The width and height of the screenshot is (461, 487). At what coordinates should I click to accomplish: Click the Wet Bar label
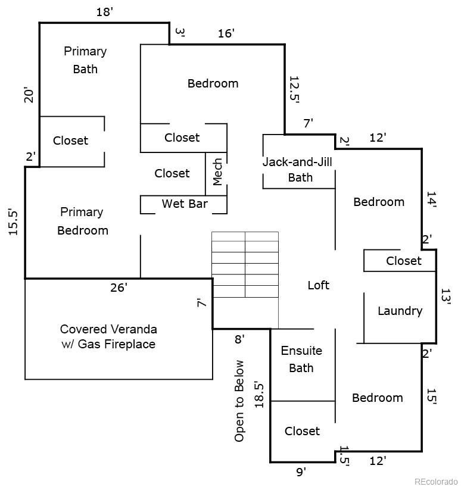pyautogui.click(x=185, y=204)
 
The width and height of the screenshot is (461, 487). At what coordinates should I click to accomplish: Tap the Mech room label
pyautogui.click(x=217, y=172)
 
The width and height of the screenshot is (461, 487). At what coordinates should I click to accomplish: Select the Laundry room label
pyautogui.click(x=400, y=311)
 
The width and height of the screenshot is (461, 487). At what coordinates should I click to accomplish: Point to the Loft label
pyautogui.click(x=319, y=285)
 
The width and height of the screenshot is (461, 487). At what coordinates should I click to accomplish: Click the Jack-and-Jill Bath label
pyautogui.click(x=298, y=170)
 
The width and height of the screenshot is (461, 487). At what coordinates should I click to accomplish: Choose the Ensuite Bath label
pyautogui.click(x=301, y=360)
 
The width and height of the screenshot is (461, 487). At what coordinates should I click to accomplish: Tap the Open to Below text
pyautogui.click(x=239, y=401)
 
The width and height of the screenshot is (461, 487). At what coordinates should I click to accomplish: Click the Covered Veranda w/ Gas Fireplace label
pyautogui.click(x=108, y=337)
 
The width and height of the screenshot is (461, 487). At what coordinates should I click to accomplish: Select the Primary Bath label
pyautogui.click(x=85, y=60)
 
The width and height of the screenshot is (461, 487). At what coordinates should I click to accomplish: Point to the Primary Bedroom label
pyautogui.click(x=83, y=221)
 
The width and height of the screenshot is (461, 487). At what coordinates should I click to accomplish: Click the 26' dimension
pyautogui.click(x=119, y=288)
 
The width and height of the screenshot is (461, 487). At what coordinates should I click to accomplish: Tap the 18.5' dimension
pyautogui.click(x=259, y=395)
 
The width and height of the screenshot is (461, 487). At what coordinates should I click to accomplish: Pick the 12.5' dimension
pyautogui.click(x=294, y=89)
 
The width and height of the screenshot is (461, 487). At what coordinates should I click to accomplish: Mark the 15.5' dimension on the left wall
pyautogui.click(x=13, y=221)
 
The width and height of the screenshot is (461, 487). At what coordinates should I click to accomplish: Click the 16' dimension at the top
pyautogui.click(x=226, y=33)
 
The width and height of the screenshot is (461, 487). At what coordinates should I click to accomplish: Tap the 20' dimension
pyautogui.click(x=29, y=95)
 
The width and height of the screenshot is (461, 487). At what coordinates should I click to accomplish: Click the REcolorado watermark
pyautogui.click(x=436, y=482)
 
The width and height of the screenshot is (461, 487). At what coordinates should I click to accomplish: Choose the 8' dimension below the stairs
pyautogui.click(x=239, y=339)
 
